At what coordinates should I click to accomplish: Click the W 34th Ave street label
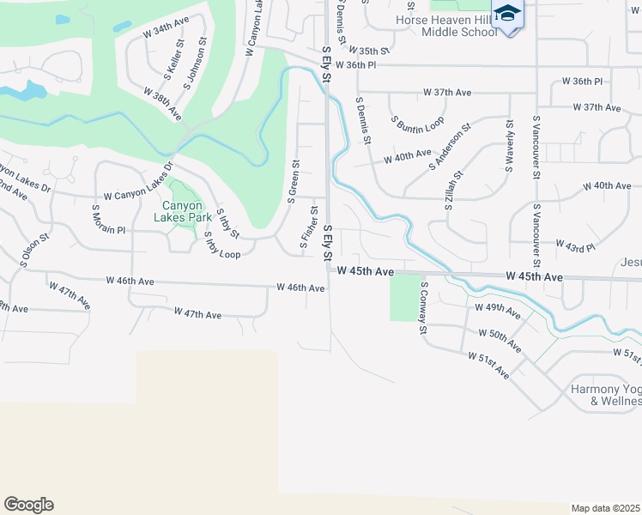165,32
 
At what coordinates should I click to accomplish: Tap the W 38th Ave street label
163,103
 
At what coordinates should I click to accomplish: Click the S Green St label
294,181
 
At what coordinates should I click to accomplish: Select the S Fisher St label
307,229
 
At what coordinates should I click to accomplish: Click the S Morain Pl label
109,219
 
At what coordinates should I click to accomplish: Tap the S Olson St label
31,248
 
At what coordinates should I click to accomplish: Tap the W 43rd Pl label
575,247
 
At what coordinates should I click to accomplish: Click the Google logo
28,505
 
